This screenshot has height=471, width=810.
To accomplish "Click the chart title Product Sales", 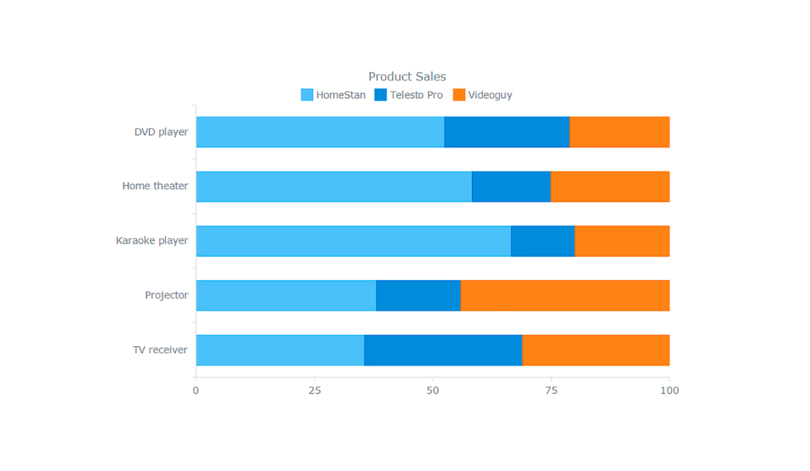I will pyautogui.click(x=407, y=76).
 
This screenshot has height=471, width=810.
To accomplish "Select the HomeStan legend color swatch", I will pyautogui.click(x=307, y=95).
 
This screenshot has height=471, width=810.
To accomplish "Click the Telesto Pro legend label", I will pyautogui.click(x=416, y=95).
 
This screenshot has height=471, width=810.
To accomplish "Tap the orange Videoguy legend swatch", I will pyautogui.click(x=459, y=95).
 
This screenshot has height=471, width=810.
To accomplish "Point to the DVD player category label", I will pyautogui.click(x=161, y=132).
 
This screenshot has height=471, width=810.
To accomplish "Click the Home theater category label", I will pyautogui.click(x=155, y=186).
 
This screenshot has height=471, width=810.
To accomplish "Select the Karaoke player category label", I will pyautogui.click(x=152, y=240).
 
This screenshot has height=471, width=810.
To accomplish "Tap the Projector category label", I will pyautogui.click(x=166, y=295).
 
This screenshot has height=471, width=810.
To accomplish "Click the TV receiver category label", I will pyautogui.click(x=160, y=350).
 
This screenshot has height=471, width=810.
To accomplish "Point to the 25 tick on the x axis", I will pyautogui.click(x=315, y=390).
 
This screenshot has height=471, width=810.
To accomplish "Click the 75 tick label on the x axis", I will pyautogui.click(x=551, y=390).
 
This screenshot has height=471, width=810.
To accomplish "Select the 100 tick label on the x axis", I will pyautogui.click(x=669, y=390).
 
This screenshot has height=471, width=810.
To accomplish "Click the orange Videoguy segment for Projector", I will pyautogui.click(x=565, y=295).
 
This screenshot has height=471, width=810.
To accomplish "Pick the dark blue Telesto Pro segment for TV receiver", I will pyautogui.click(x=443, y=350).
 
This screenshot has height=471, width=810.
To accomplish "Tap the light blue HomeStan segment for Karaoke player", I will pyautogui.click(x=353, y=241).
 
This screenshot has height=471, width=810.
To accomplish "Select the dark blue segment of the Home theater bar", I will pyautogui.click(x=511, y=186).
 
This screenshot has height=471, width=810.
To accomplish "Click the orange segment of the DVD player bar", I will pyautogui.click(x=619, y=132).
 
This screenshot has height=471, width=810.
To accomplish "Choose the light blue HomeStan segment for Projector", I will pyautogui.click(x=286, y=295).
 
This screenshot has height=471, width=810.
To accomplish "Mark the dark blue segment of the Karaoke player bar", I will pyautogui.click(x=542, y=241).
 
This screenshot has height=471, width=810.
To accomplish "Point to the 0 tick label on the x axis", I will pyautogui.click(x=196, y=390).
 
